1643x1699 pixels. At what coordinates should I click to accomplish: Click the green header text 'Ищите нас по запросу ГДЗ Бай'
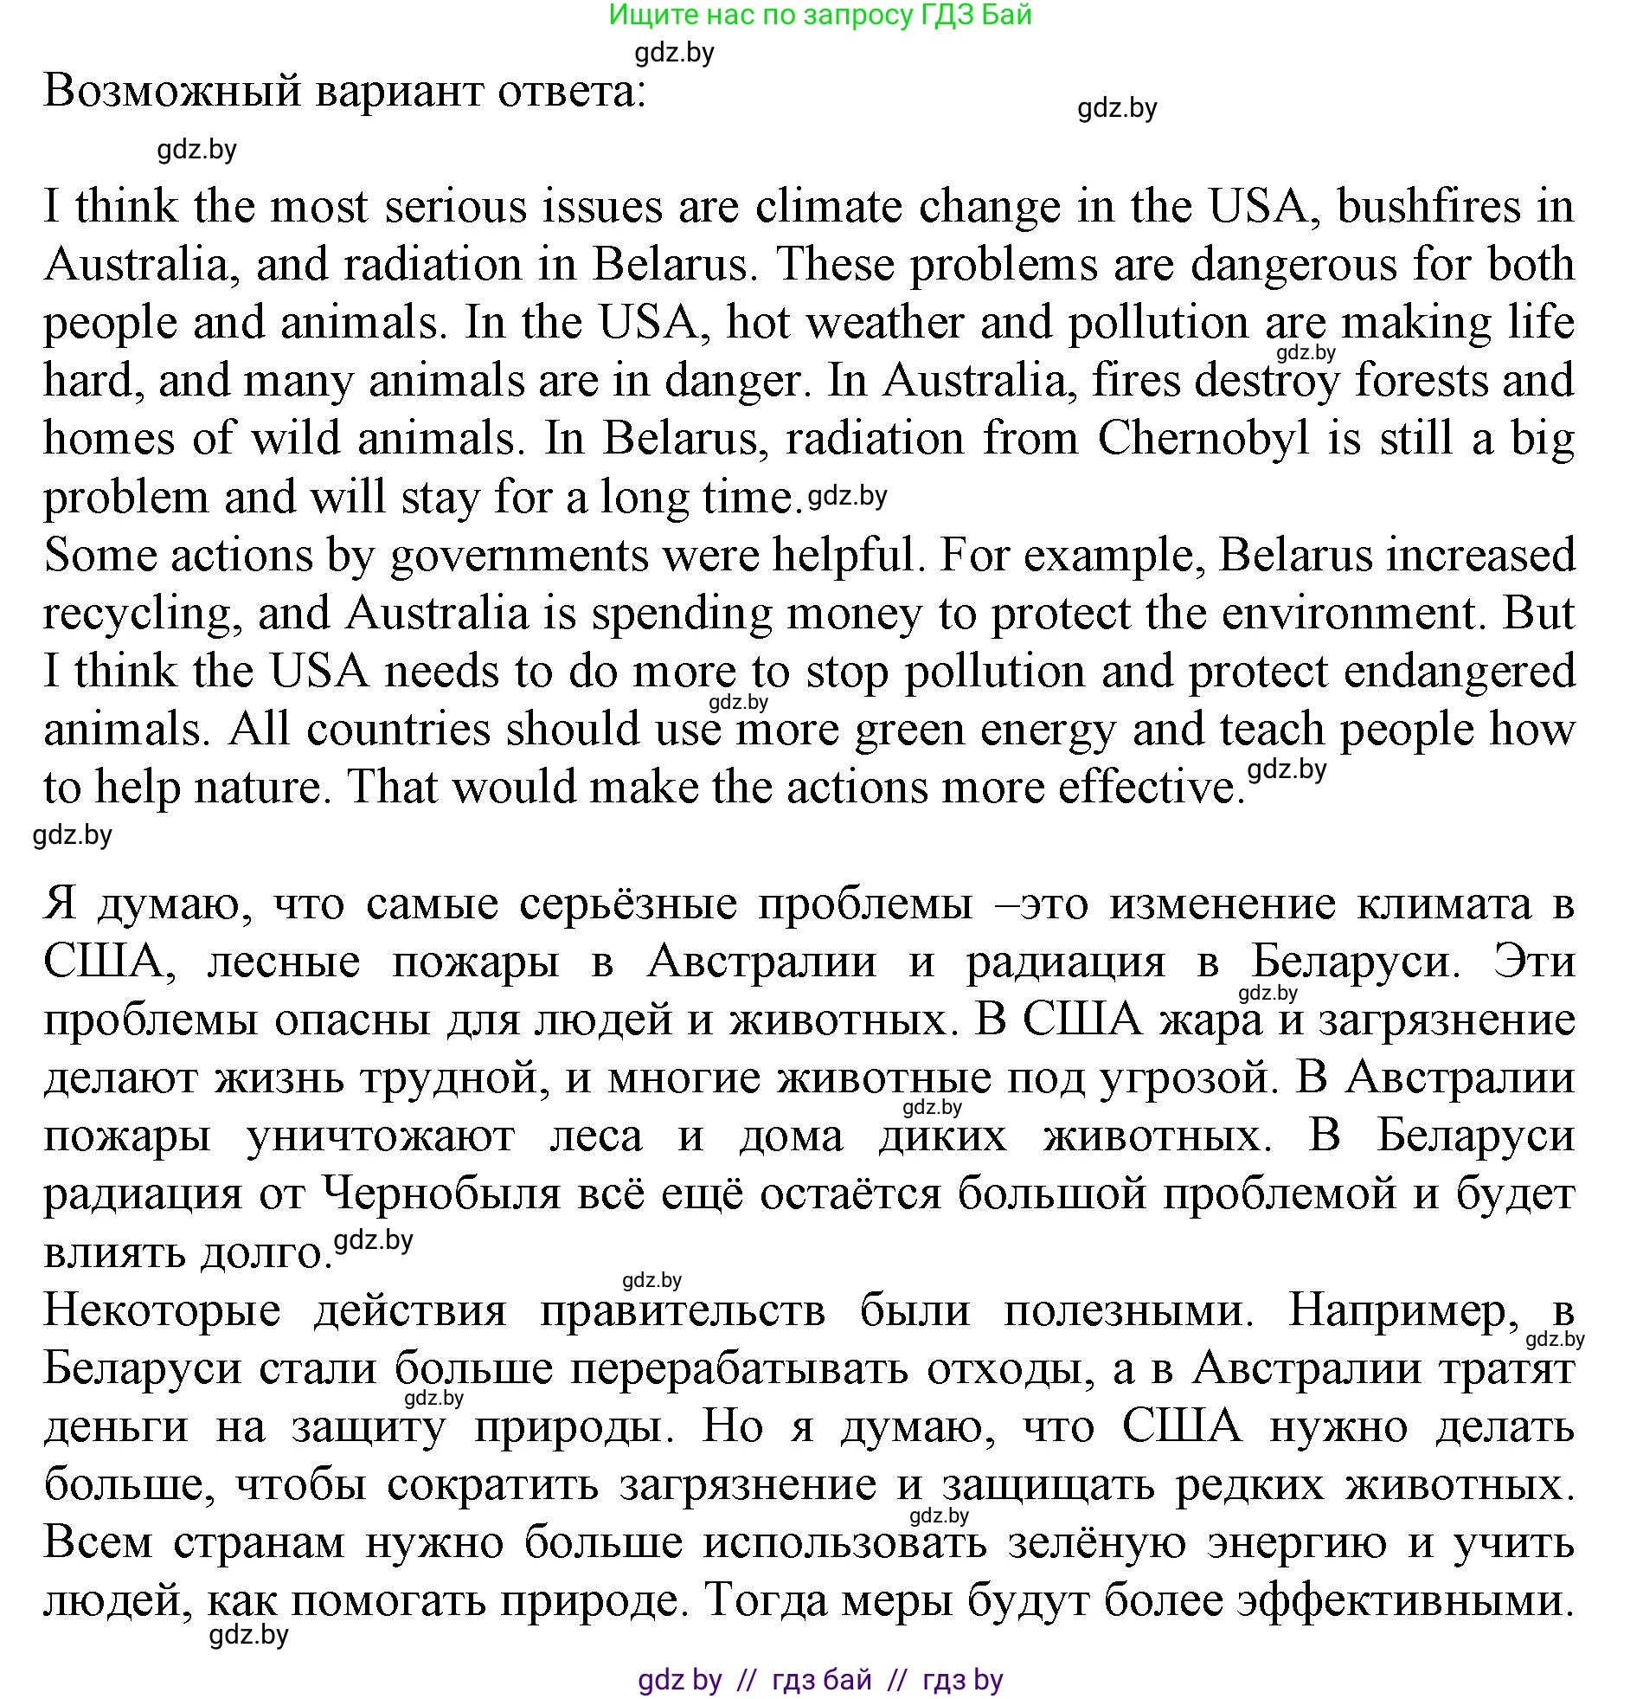pos(819,15)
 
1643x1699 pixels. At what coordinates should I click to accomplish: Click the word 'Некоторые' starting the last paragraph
pos(162,1310)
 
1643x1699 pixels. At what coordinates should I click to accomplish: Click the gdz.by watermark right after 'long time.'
pos(848,497)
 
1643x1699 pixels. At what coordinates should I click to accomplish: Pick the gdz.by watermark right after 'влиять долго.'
pos(374,1240)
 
